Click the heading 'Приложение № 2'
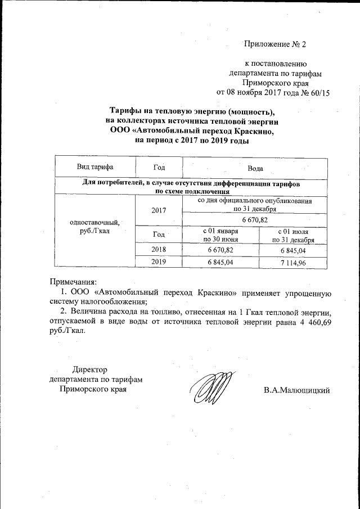click(x=276, y=44)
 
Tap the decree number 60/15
click(x=316, y=92)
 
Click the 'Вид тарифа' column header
click(x=95, y=168)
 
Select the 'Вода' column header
click(x=255, y=168)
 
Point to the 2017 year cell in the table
click(x=159, y=210)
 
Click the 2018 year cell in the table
click(x=159, y=249)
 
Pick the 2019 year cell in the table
click(x=159, y=262)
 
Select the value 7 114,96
click(x=292, y=263)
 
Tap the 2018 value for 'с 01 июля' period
click(x=292, y=249)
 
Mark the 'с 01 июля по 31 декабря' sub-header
click(x=292, y=235)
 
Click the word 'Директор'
click(x=90, y=370)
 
